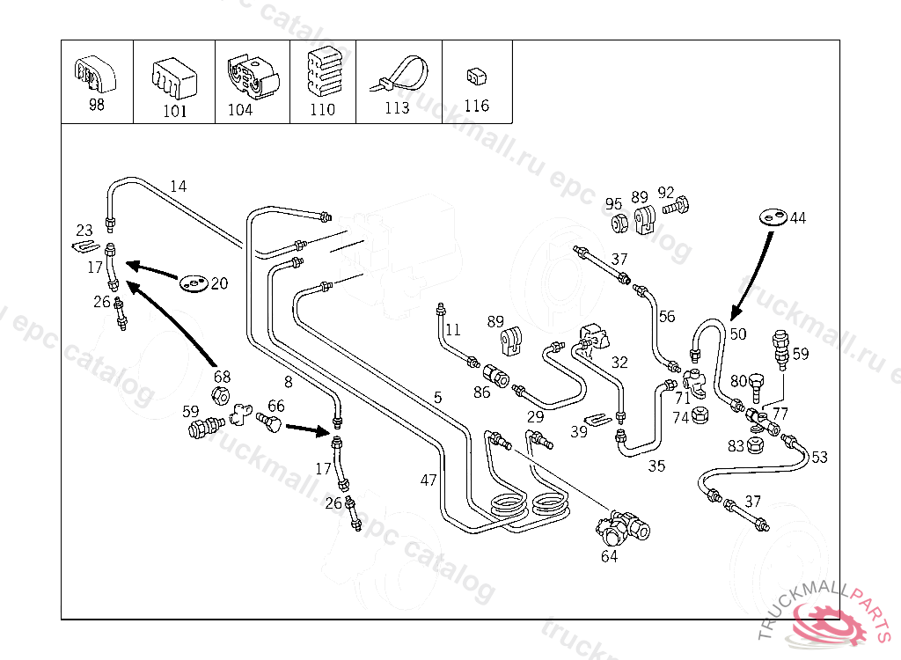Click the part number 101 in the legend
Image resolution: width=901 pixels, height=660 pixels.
coord(175,112)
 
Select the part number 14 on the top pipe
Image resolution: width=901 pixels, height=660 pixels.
coord(179,186)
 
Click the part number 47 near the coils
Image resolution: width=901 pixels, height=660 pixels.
coord(429,480)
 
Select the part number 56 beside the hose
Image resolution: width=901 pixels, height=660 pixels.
coord(666,317)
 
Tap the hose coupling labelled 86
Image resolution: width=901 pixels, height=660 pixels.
coord(498,376)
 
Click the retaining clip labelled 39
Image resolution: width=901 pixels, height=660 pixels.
coord(597,418)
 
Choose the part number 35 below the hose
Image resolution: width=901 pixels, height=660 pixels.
coord(656,466)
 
